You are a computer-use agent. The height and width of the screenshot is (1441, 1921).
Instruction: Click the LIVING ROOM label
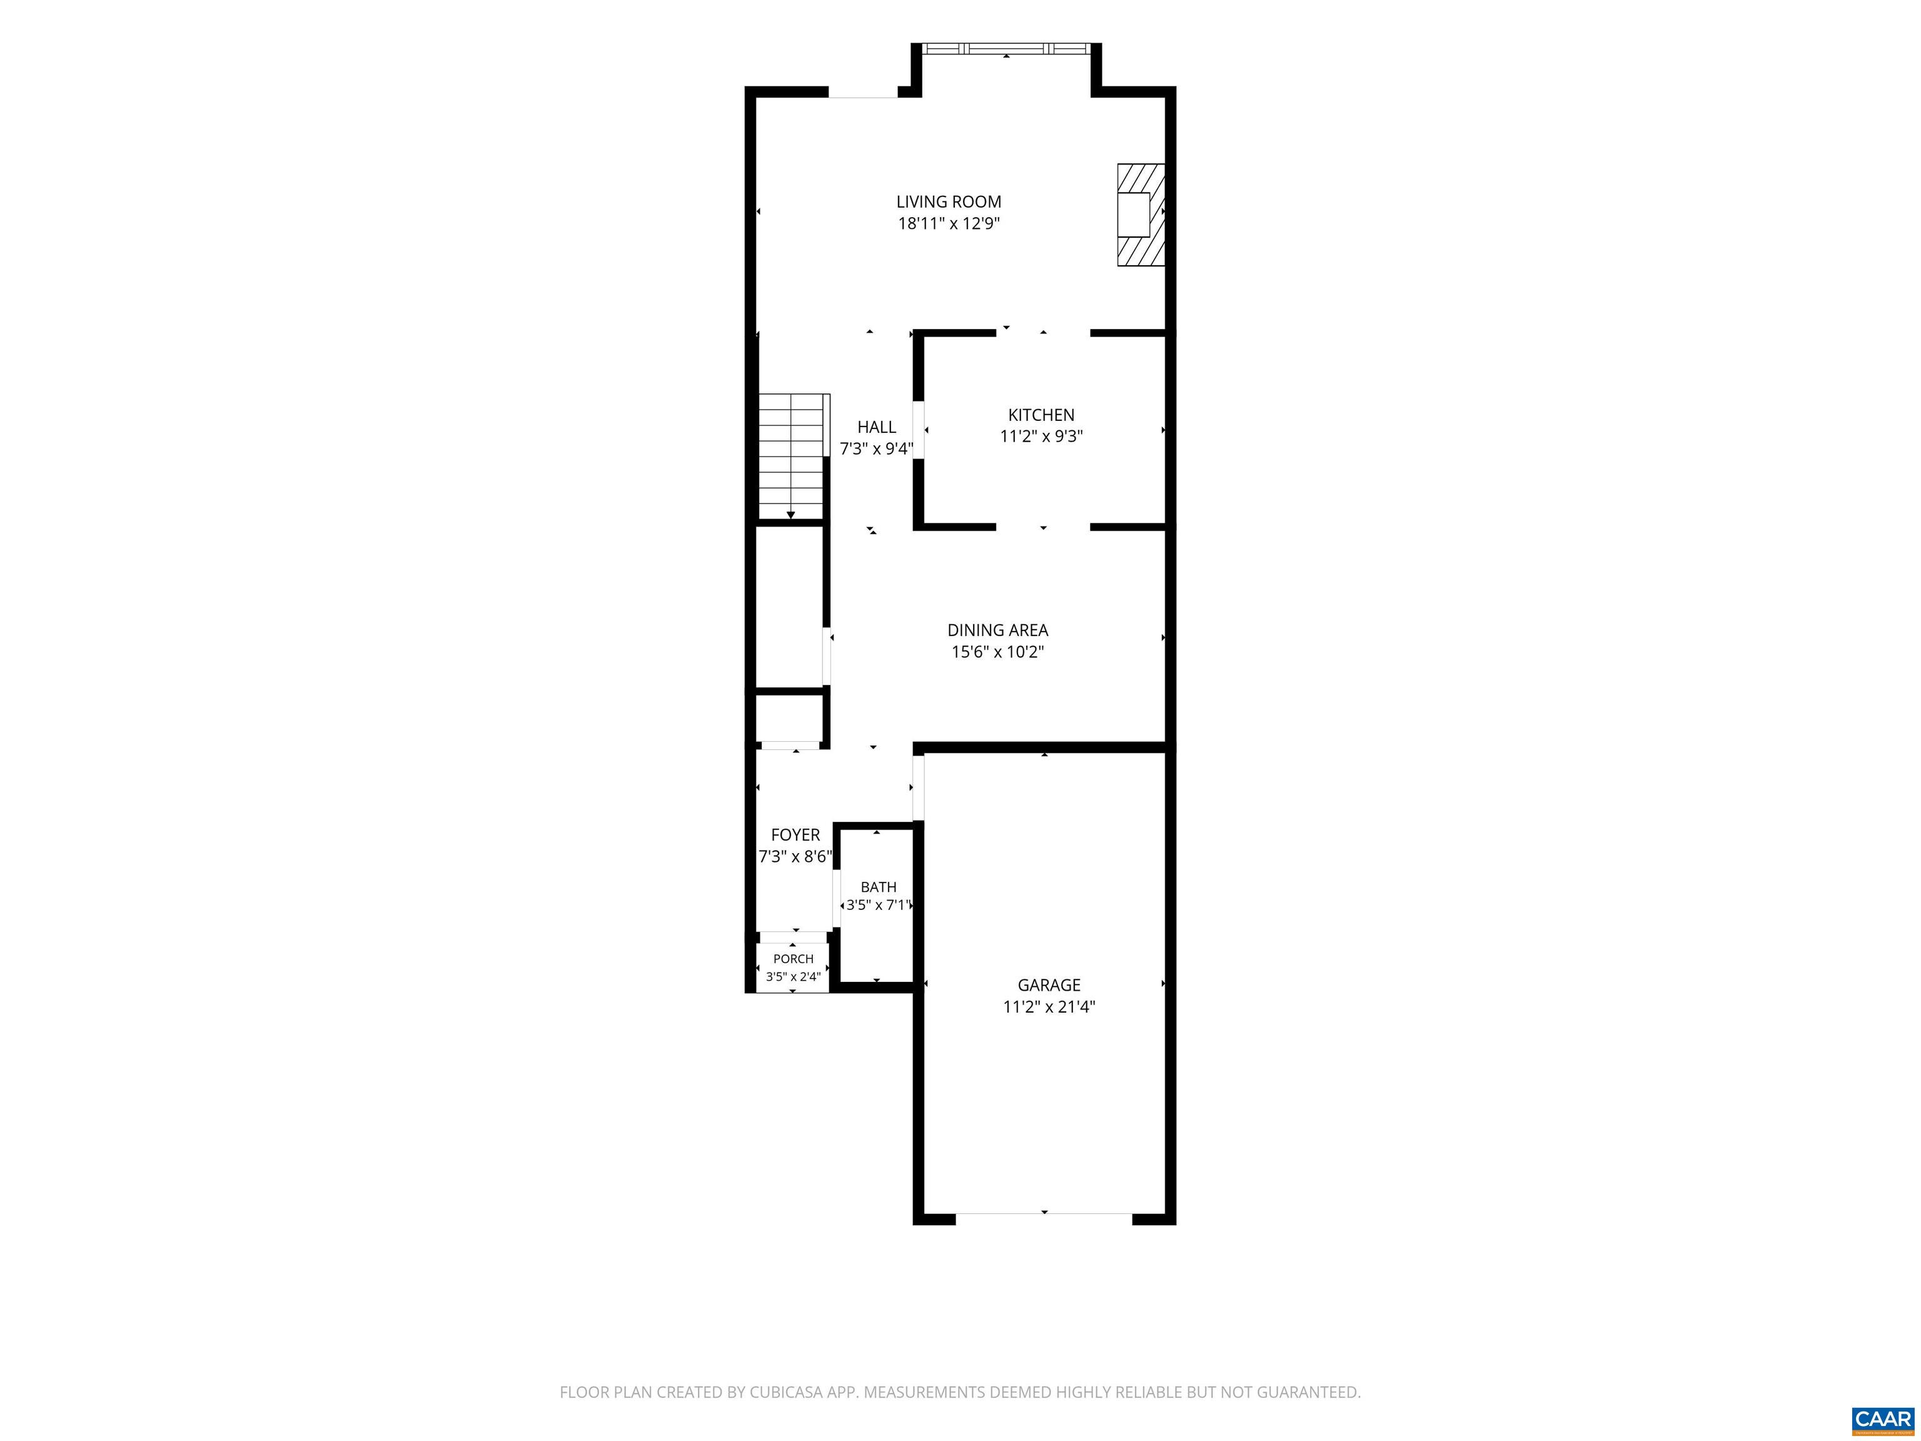pyautogui.click(x=949, y=201)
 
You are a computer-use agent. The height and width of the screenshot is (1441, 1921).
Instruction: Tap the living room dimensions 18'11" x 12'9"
pyautogui.click(x=949, y=223)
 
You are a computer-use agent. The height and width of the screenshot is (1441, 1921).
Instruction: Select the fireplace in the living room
pyautogui.click(x=1140, y=215)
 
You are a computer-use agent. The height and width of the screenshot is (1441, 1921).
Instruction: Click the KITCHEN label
pyautogui.click(x=1041, y=415)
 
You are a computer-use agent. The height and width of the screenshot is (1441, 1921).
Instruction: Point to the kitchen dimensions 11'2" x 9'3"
pyautogui.click(x=1041, y=436)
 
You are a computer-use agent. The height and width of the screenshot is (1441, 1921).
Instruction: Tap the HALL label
pyautogui.click(x=876, y=427)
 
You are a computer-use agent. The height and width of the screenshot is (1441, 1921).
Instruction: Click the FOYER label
pyautogui.click(x=795, y=835)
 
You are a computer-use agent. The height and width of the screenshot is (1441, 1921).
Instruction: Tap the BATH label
pyautogui.click(x=878, y=887)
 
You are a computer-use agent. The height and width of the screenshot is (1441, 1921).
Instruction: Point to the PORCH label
pyautogui.click(x=793, y=959)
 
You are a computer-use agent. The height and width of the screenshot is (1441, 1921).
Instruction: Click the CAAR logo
pyautogui.click(x=1883, y=1419)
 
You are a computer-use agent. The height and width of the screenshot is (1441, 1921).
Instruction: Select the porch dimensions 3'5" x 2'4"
pyautogui.click(x=793, y=977)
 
